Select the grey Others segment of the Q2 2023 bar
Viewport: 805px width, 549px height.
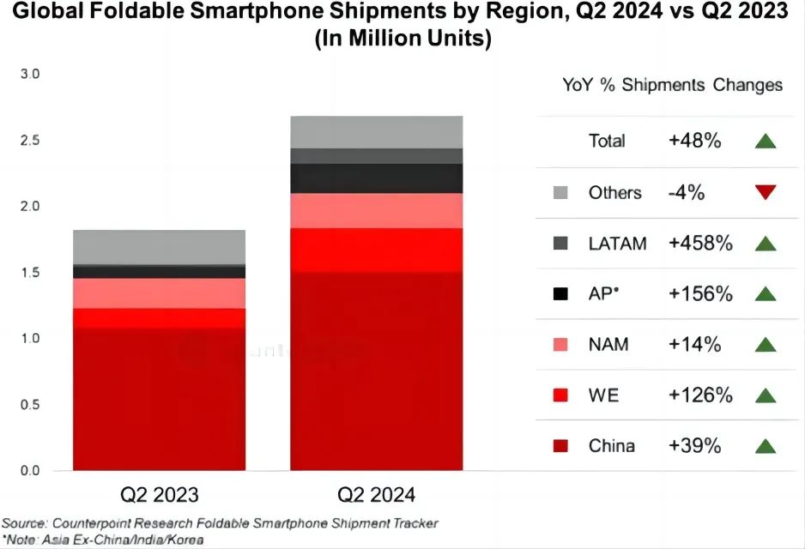point(159,247)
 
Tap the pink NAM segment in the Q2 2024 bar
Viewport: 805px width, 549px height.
point(376,210)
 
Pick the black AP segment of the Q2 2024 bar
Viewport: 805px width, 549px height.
point(376,178)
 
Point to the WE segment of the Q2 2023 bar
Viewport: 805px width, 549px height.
point(159,317)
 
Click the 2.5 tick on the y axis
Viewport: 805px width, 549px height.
point(29,140)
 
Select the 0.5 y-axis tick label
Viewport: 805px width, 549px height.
point(29,404)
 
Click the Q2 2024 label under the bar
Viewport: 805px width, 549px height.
point(376,495)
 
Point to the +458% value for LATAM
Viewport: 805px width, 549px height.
point(700,243)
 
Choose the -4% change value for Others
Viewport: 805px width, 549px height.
point(687,192)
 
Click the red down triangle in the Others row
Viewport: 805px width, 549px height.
point(766,192)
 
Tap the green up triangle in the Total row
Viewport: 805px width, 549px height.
point(766,141)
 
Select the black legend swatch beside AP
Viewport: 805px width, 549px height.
point(560,294)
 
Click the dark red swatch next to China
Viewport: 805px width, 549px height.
point(560,446)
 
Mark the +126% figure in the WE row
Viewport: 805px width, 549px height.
point(700,395)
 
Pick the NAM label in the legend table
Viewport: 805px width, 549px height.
point(608,345)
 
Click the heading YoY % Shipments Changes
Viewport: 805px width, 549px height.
point(672,85)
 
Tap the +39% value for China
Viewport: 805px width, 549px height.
point(695,446)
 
